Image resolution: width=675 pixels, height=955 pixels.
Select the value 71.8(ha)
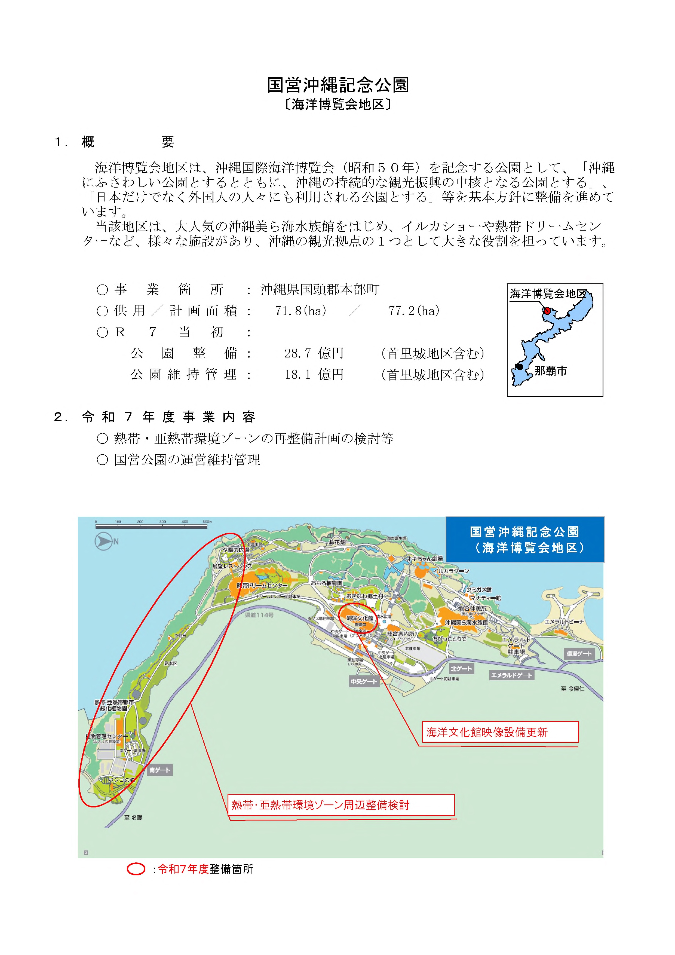pos(300,311)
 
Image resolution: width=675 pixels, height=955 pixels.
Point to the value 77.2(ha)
pos(414,311)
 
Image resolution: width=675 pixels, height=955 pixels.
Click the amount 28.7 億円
pos(314,353)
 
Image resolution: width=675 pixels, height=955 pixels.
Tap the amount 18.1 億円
pos(314,374)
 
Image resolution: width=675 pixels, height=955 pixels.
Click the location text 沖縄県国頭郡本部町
pos(320,289)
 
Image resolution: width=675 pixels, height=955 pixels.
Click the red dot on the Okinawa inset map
pos(547,310)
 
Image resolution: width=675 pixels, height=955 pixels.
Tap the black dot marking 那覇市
pos(520,366)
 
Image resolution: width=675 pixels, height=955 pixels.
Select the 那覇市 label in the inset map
pos(551,371)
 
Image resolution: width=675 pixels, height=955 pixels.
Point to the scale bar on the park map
pos(151,526)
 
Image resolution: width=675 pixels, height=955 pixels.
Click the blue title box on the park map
pos(524,540)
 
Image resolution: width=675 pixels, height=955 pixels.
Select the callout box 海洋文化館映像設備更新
pos(500,732)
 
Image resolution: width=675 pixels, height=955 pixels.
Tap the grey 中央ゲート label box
pos(364,681)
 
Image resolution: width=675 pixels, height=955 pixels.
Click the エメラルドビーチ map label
pos(564,622)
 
